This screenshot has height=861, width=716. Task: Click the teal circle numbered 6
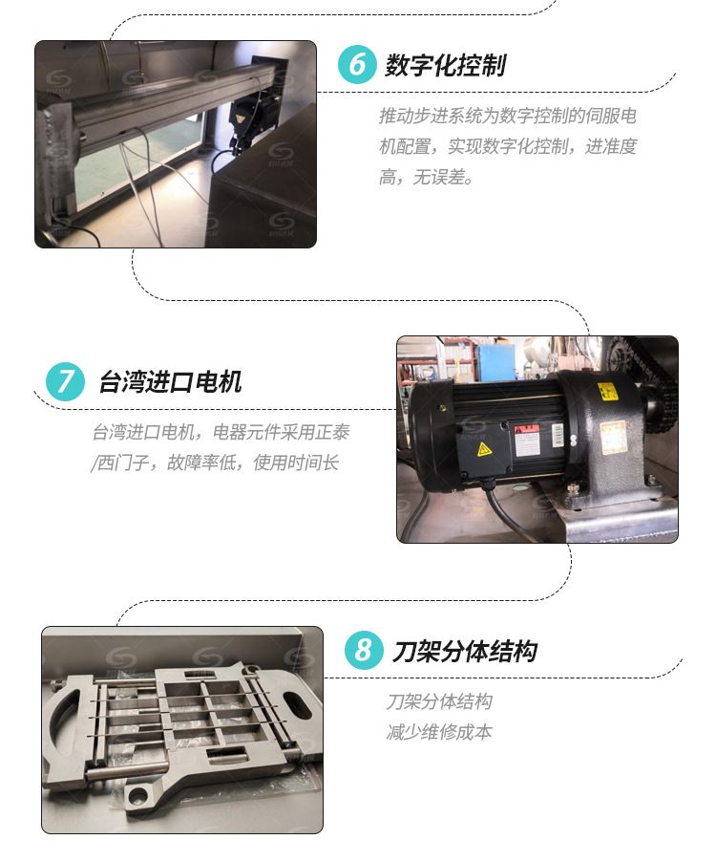pos(357,64)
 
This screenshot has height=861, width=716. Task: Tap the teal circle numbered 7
pos(65,381)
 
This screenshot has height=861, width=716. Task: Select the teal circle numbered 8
pos(364,650)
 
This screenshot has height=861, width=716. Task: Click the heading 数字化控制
pos(445,65)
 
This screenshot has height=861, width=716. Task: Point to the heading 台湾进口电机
pos(170,382)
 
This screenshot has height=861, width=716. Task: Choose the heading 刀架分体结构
pos(464,651)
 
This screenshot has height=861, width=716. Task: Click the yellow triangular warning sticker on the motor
pos(483,449)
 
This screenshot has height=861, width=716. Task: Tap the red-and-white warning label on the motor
pos(527,440)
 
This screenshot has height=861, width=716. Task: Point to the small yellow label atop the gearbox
pos(607,392)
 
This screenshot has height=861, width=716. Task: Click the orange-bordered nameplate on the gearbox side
pos(612,437)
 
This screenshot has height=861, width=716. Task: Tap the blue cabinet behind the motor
pos(496,361)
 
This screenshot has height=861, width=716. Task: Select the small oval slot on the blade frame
pos(297,704)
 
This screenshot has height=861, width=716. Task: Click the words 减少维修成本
pos(439,732)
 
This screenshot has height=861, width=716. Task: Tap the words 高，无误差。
pos(426,178)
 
